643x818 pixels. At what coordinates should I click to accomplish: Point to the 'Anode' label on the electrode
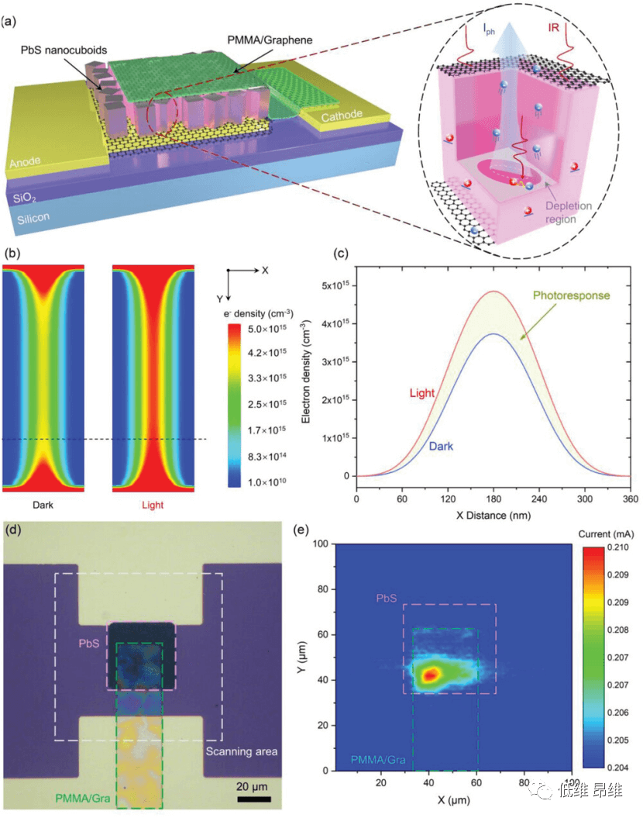pyautogui.click(x=27, y=163)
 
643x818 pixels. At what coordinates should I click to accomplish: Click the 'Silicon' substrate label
pyautogui.click(x=34, y=219)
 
